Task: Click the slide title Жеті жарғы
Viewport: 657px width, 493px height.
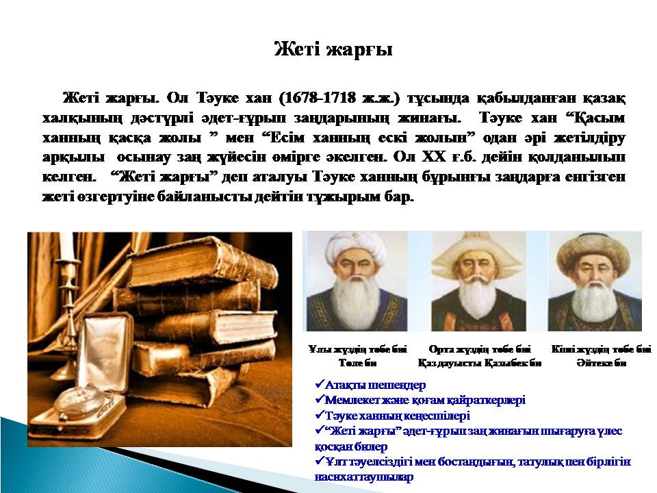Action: point(333,49)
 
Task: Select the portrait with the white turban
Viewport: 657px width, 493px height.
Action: point(357,281)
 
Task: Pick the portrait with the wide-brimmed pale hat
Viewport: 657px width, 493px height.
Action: point(478,281)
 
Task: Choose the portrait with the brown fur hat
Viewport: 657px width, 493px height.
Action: point(595,281)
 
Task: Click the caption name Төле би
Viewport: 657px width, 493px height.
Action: point(357,363)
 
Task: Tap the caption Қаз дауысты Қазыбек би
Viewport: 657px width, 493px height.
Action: point(479,363)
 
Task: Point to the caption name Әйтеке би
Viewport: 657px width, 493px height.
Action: point(602,363)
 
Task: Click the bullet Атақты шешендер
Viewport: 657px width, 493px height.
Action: point(375,385)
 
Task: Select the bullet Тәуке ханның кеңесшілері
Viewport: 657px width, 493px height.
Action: point(397,416)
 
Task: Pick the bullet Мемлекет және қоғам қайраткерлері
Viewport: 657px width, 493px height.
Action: point(425,401)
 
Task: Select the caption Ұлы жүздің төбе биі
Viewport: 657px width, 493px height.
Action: point(357,349)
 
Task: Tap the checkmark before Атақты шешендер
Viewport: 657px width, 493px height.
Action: point(320,384)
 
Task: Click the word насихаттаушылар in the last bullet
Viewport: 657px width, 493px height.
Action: point(363,477)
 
